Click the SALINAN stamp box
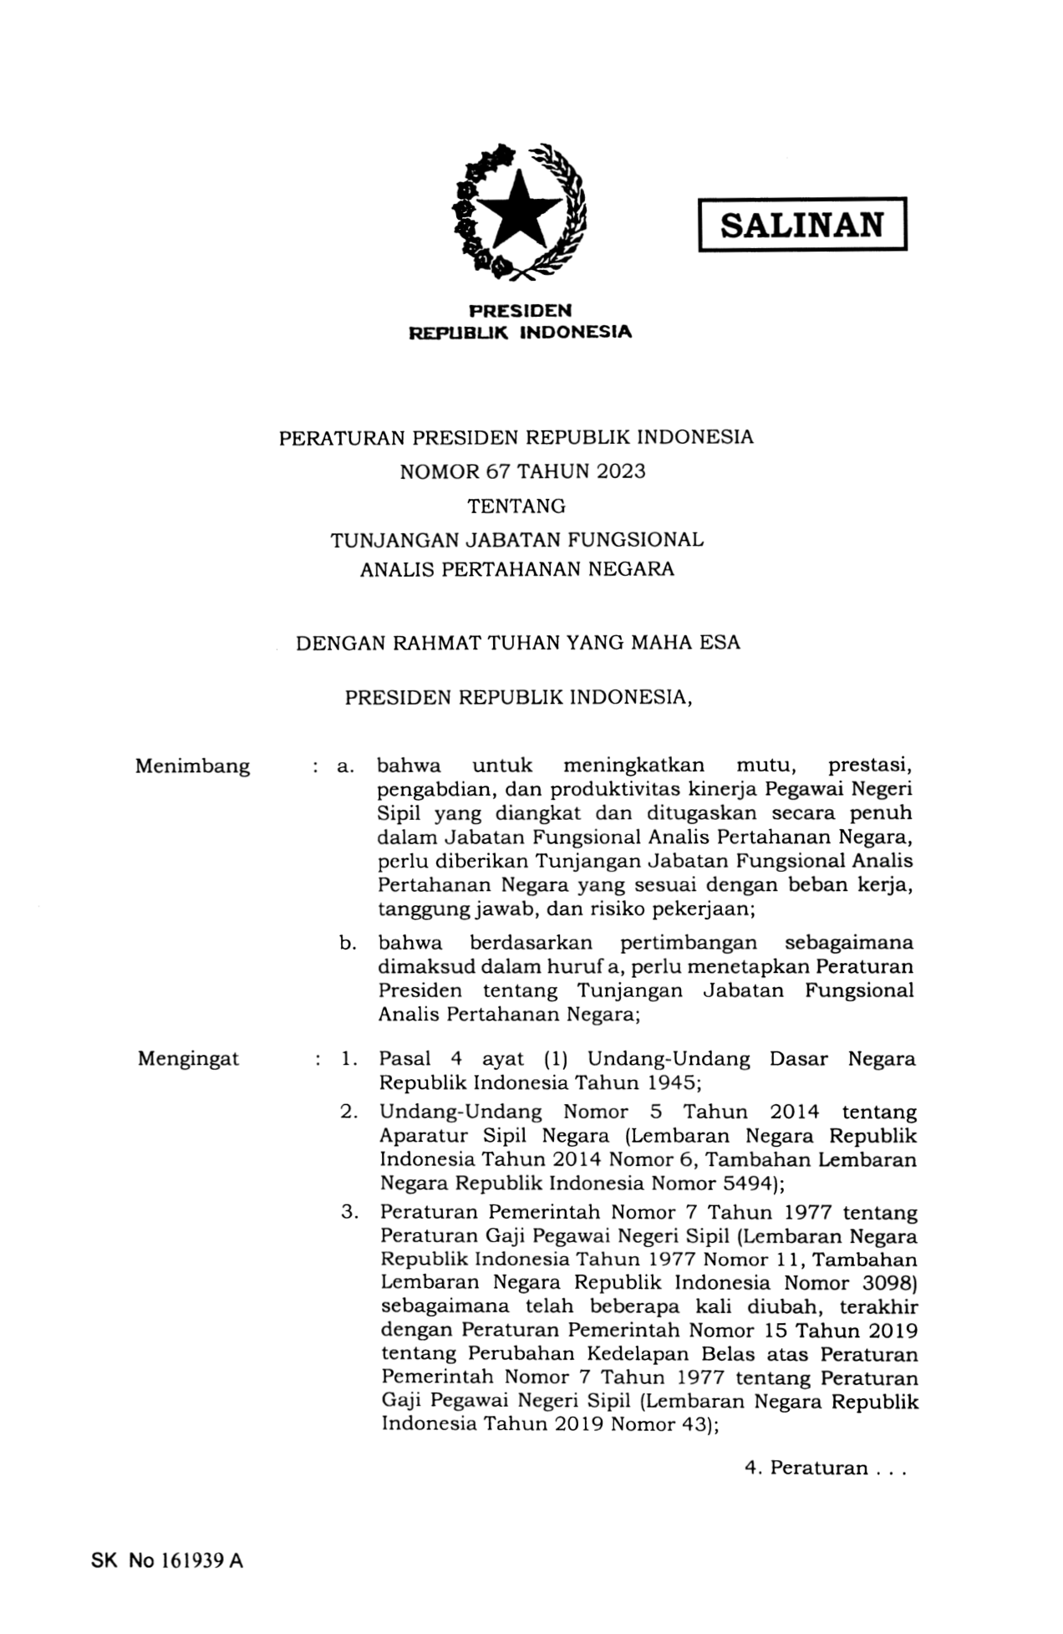801,224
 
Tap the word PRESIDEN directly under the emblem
520,311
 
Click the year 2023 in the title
621,471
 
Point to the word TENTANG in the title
516,506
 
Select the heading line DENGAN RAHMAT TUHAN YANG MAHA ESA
517,644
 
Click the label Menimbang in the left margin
192,766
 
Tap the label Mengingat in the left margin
188,1059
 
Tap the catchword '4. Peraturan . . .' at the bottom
825,1469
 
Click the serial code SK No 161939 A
166,1560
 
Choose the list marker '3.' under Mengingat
349,1212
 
